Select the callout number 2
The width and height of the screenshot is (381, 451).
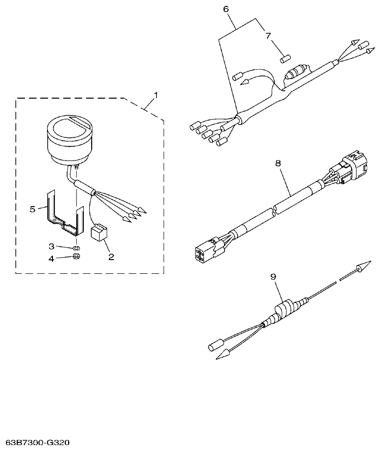(111, 256)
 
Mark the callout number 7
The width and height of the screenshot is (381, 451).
(268, 36)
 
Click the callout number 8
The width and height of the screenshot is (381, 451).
(278, 163)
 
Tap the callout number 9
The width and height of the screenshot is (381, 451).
(274, 277)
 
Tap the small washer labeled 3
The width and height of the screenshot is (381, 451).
(76, 246)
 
